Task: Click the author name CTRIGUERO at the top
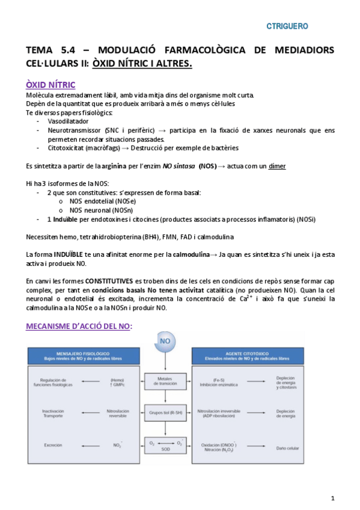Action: (287, 26)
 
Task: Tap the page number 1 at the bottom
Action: (332, 499)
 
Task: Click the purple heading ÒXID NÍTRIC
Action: (51, 85)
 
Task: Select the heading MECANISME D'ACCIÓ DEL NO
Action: (79, 326)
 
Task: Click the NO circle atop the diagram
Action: (165, 342)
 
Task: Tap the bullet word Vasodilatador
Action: (68, 121)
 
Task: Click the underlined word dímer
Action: (276, 166)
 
